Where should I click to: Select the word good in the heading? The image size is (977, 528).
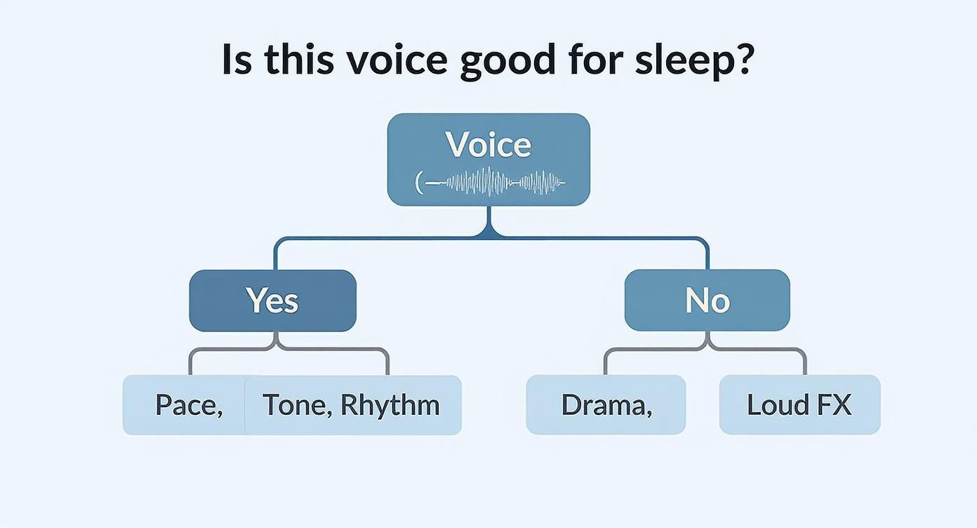point(507,60)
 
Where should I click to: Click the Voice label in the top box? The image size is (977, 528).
point(488,145)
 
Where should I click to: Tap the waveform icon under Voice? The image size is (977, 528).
point(491,183)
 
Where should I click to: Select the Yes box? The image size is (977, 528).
point(272,301)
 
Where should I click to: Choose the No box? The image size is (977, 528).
point(707,301)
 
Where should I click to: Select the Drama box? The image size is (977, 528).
point(606,405)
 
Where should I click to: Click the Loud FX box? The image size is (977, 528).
point(799,405)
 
